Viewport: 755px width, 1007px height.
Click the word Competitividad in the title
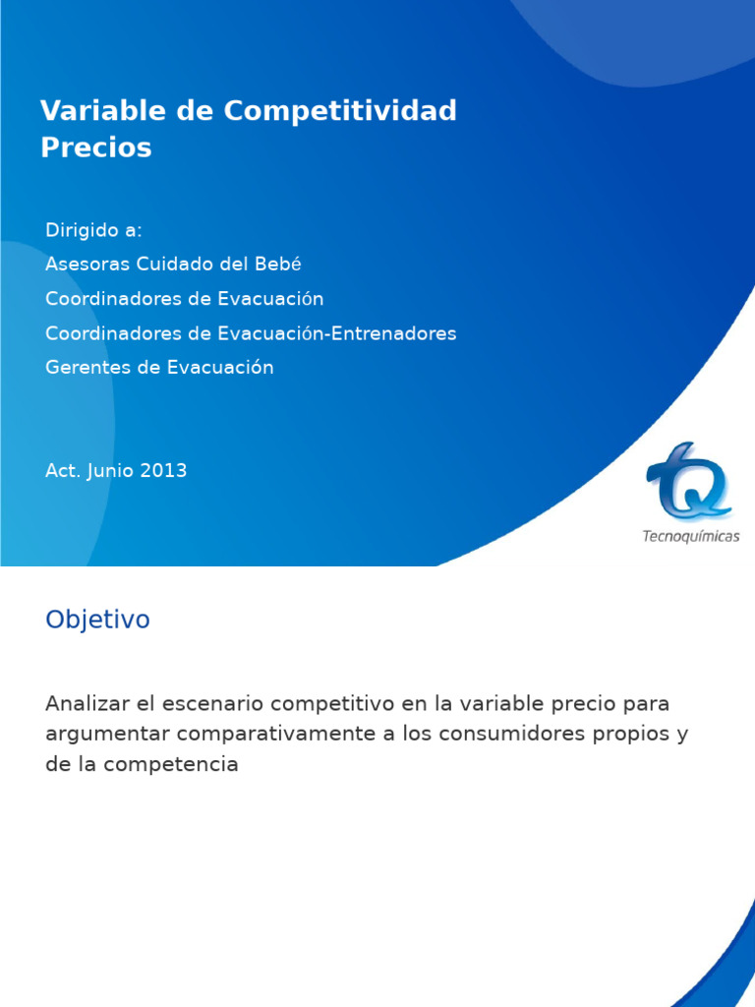point(340,111)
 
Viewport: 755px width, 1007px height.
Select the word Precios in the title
point(96,148)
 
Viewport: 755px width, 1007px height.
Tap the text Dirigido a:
point(93,230)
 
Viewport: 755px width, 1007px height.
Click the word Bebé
point(277,265)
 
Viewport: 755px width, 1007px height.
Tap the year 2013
point(163,471)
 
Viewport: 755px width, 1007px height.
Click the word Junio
point(109,471)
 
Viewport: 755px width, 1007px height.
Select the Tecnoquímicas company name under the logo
point(690,536)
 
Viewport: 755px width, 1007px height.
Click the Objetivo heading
point(97,621)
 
